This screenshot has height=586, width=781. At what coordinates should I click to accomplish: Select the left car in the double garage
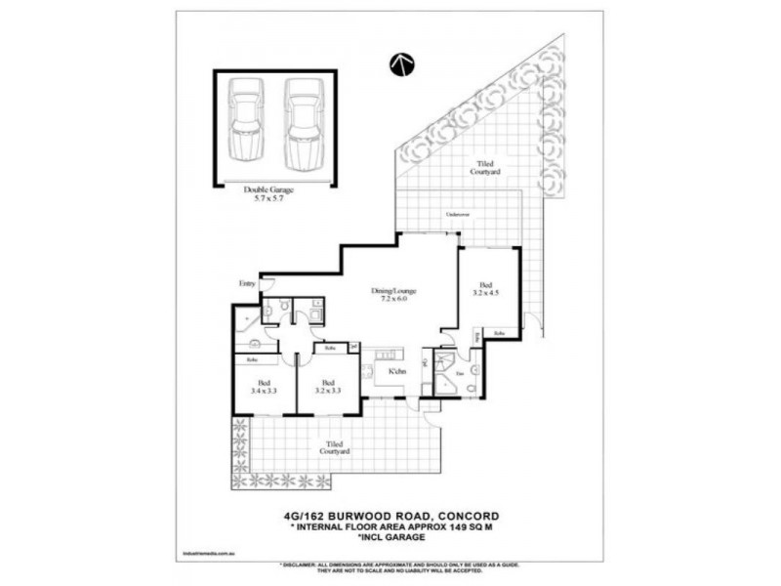[x=245, y=122]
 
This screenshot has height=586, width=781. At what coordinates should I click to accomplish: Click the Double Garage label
[x=274, y=189]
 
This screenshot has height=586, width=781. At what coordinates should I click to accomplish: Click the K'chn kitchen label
[x=397, y=372]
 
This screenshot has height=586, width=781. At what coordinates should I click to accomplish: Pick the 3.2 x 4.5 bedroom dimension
[x=487, y=291]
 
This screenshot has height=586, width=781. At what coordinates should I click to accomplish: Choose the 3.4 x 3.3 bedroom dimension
[x=263, y=393]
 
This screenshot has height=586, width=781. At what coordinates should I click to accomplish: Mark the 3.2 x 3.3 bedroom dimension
[x=328, y=393]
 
